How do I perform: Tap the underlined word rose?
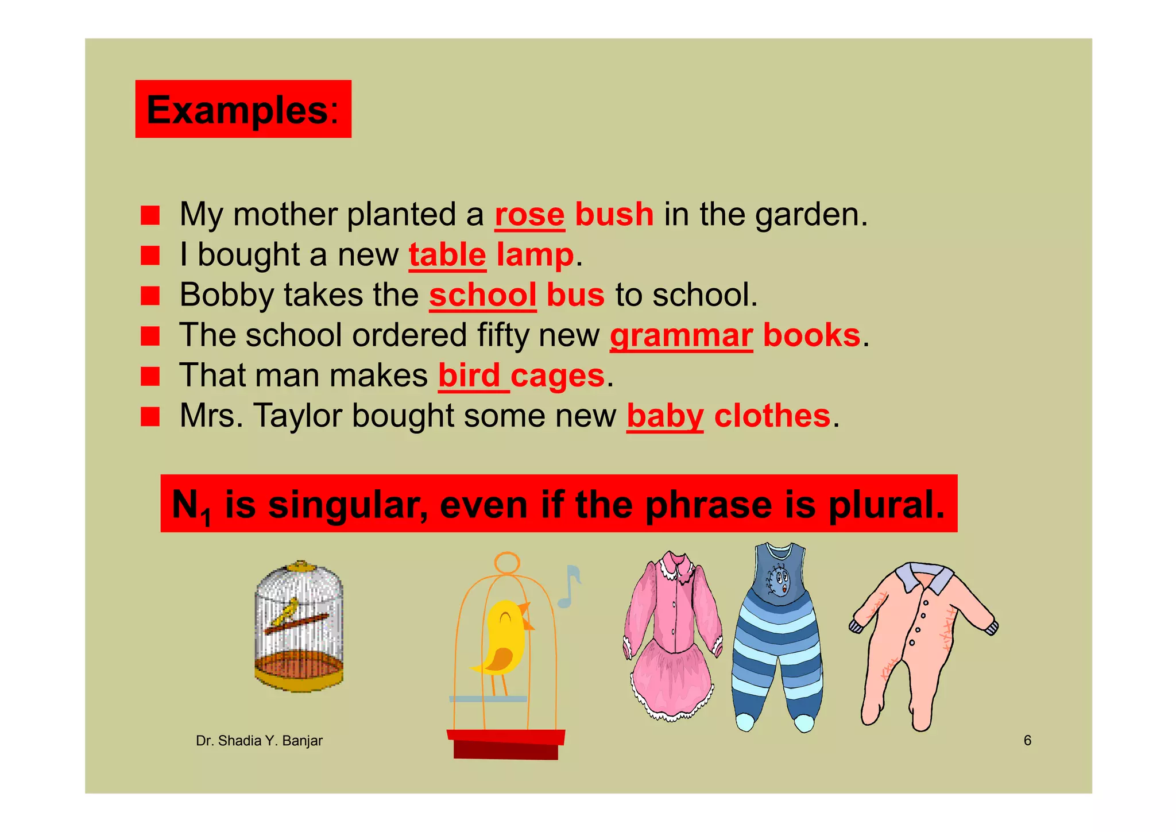[529, 215]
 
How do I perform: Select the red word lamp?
[535, 255]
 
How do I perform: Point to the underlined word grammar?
[681, 335]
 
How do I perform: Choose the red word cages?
[557, 376]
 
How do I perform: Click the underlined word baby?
[665, 416]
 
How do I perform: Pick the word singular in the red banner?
[347, 504]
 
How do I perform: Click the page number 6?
[1027, 740]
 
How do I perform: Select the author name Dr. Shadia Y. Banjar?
[259, 741]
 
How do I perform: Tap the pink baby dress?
[673, 634]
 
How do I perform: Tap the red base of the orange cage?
[505, 744]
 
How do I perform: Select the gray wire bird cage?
[299, 626]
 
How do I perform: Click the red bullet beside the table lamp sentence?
[150, 256]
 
